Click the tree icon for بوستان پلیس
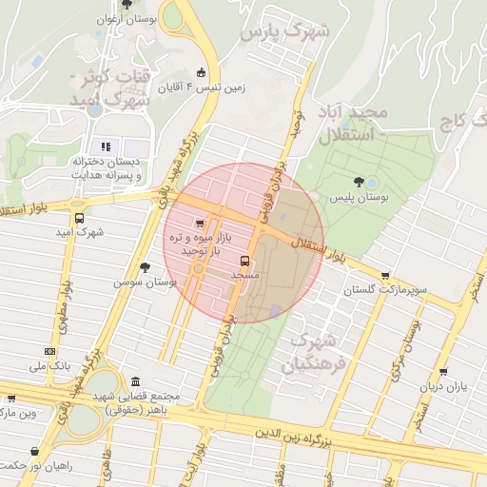point(358,181)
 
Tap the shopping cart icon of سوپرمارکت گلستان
point(384,276)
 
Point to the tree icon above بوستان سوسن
point(145,267)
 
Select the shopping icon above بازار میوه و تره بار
point(199,222)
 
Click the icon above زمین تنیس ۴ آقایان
point(200,72)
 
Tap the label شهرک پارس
point(283,32)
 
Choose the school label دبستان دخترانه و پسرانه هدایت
point(107,168)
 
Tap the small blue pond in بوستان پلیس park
point(371,183)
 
